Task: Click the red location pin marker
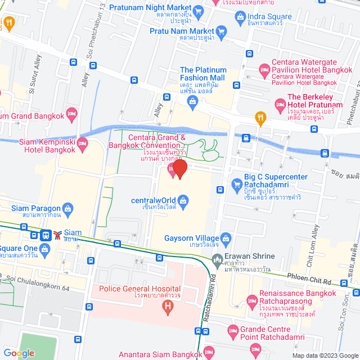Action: coord(179,169)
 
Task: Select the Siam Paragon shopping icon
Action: coord(67,208)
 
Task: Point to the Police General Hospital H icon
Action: coord(166,306)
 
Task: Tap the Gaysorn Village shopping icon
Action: coord(226,238)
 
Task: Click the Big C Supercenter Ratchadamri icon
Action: coord(237,184)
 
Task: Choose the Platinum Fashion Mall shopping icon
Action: coord(192,101)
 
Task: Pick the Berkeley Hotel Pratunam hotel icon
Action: coord(280,105)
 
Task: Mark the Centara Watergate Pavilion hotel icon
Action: coord(264,70)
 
